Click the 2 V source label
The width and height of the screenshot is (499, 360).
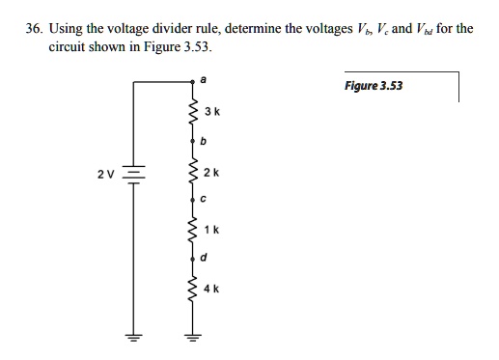tap(105, 175)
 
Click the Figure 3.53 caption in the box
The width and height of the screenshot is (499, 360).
tap(373, 85)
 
